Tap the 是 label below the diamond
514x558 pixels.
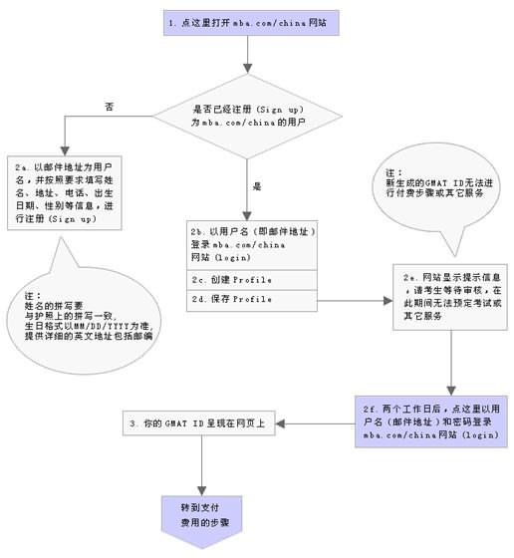tap(256, 185)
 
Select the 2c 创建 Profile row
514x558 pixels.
tap(253, 279)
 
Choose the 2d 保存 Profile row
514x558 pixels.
tap(253, 299)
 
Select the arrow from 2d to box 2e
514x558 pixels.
tap(354, 298)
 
